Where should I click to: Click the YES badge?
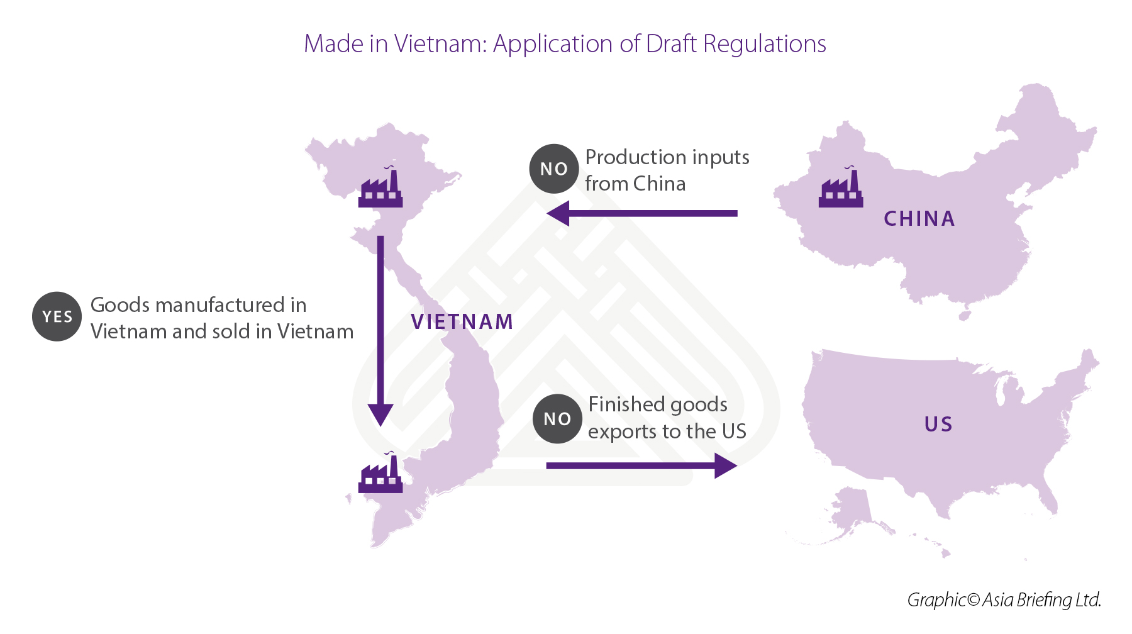(57, 316)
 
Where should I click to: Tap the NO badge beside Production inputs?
(553, 169)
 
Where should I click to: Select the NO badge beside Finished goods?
(557, 419)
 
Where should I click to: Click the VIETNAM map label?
(462, 322)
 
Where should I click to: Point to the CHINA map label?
(919, 219)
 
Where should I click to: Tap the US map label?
(938, 425)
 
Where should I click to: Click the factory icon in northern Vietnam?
(380, 188)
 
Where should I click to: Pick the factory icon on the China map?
(841, 188)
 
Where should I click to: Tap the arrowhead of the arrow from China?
(558, 213)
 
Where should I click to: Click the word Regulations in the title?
(764, 44)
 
